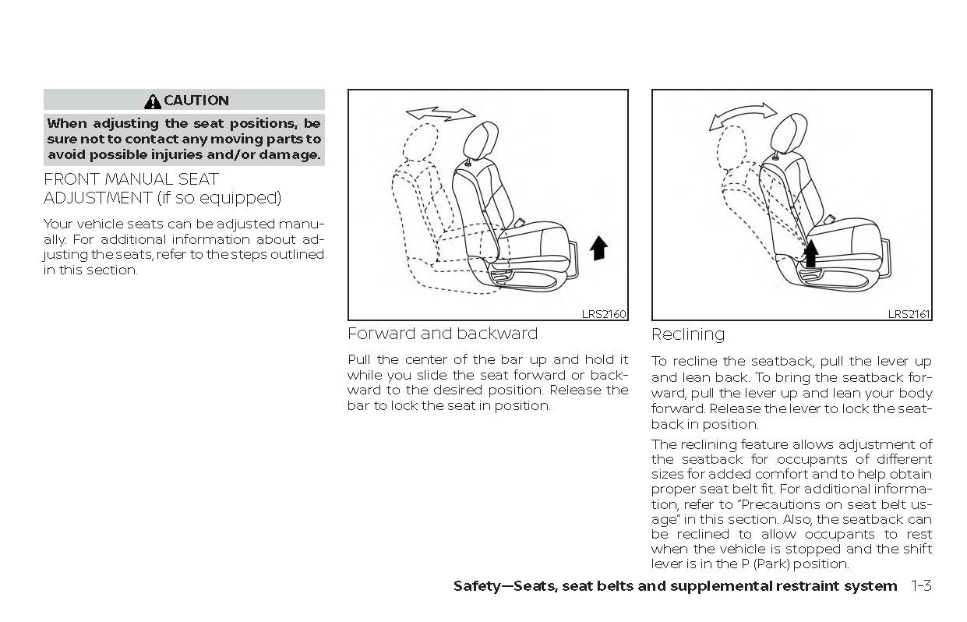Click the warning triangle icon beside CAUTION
pyautogui.click(x=153, y=101)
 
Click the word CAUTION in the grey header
pyautogui.click(x=196, y=101)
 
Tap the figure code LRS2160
pyautogui.click(x=604, y=315)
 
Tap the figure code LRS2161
pyautogui.click(x=909, y=315)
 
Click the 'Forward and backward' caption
pyautogui.click(x=443, y=334)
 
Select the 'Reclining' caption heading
pyautogui.click(x=688, y=334)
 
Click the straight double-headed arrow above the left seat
pyautogui.click(x=441, y=114)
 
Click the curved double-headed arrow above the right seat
pyautogui.click(x=742, y=116)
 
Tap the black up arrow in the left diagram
pyautogui.click(x=598, y=248)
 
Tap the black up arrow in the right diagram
pyautogui.click(x=810, y=253)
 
